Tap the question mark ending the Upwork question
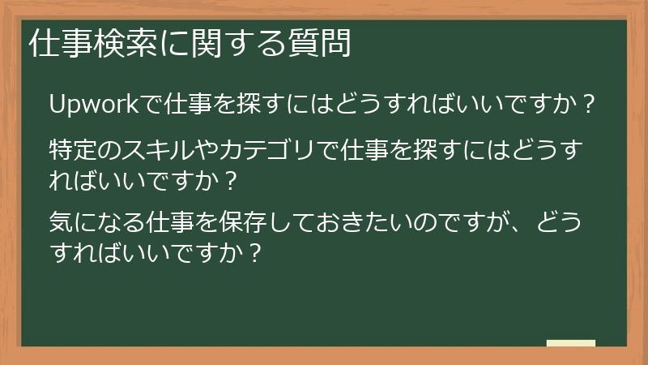[590, 105]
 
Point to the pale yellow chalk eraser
[571, 342]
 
